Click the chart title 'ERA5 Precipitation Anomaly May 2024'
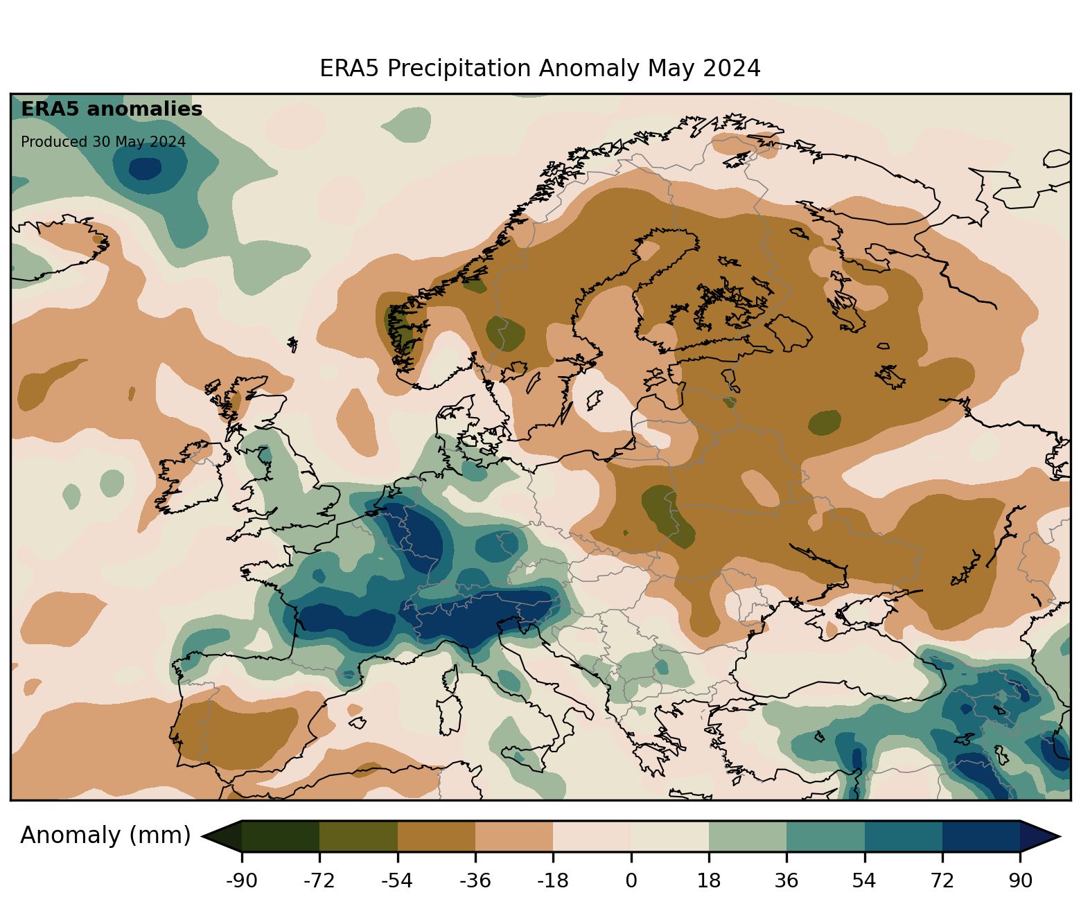[540, 69]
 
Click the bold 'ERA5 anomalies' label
[112, 109]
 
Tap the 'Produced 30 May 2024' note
[103, 142]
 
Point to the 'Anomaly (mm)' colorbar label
[105, 835]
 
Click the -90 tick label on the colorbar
[241, 880]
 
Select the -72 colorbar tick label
[319, 880]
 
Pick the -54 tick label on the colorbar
[397, 880]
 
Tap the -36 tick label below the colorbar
[475, 880]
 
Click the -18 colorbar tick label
[553, 880]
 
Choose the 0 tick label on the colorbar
[631, 880]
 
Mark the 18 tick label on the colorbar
[709, 880]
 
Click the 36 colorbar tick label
[786, 880]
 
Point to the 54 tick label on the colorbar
[864, 880]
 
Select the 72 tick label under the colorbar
[942, 880]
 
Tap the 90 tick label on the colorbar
[1020, 880]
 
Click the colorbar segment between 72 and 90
[981, 836]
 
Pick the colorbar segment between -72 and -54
[358, 836]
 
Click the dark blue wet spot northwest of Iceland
[146, 168]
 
